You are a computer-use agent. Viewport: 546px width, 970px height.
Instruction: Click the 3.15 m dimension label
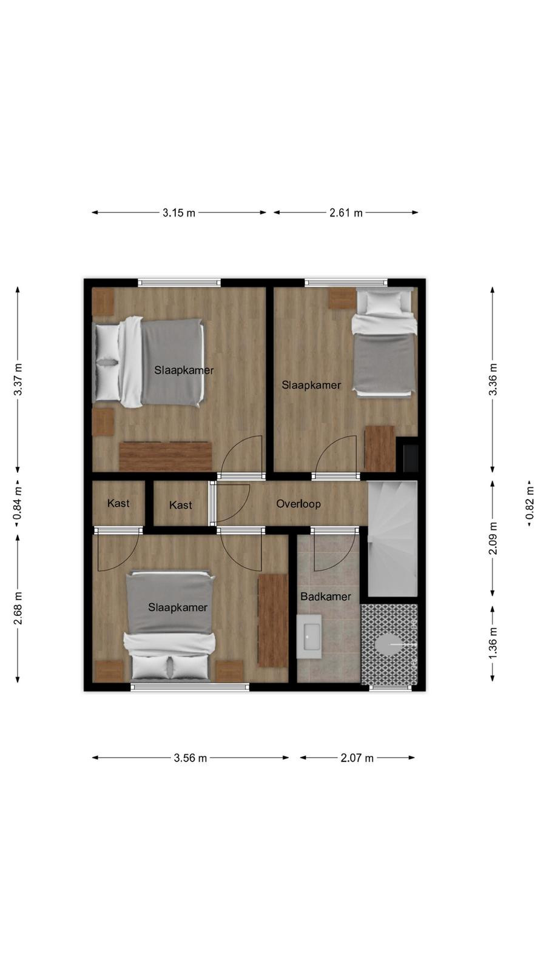179,213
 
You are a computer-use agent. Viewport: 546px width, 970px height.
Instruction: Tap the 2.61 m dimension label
346,213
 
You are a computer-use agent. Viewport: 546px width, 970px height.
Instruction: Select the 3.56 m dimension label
190,758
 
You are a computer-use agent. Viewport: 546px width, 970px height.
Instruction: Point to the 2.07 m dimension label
357,758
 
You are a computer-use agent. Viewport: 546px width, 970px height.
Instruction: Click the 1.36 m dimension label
493,643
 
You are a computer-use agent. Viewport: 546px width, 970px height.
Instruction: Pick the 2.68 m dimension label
18,609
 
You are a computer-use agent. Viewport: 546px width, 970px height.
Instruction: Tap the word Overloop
298,504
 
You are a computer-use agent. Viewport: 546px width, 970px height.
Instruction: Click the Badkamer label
326,597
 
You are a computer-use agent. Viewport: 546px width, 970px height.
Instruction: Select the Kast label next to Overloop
181,505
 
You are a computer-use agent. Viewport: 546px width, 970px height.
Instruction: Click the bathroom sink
309,637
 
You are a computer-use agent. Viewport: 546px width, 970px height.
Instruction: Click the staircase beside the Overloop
392,539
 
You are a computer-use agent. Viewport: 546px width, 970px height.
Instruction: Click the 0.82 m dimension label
530,504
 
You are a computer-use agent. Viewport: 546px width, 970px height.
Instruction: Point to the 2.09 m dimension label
493,538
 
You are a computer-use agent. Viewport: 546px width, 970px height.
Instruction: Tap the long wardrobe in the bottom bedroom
273,621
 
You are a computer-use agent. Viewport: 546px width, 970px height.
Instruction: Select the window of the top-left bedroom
180,283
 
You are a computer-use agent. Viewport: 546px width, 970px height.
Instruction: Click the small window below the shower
390,687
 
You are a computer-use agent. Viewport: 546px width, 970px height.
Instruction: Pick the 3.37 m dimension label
18,379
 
